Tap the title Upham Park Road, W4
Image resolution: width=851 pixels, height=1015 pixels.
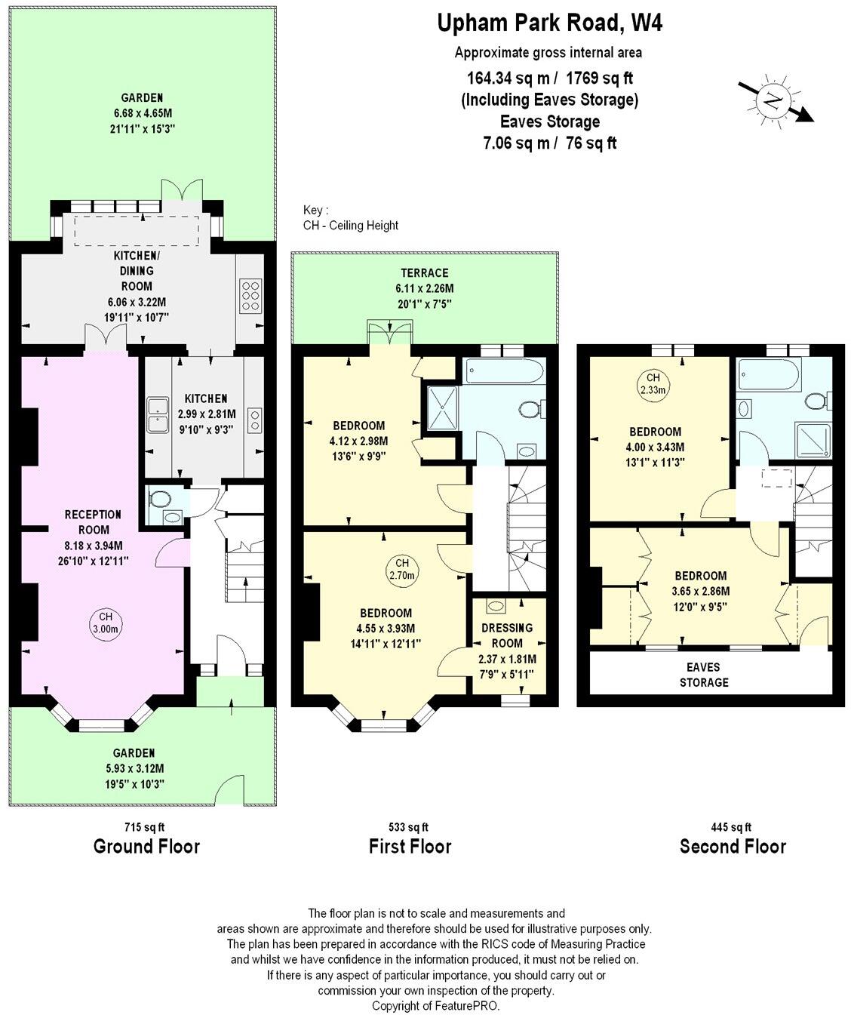[550, 23]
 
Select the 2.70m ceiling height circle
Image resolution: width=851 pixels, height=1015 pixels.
[401, 569]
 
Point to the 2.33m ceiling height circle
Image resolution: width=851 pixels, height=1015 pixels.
[653, 383]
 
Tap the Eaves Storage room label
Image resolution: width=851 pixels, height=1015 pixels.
[703, 675]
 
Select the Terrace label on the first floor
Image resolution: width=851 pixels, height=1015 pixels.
[425, 273]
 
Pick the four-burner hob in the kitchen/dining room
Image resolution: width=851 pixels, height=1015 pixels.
[250, 296]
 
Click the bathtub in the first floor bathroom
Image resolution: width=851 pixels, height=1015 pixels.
[504, 371]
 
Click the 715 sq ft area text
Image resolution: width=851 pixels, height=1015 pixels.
[145, 827]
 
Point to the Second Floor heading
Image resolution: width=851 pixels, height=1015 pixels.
[733, 847]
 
